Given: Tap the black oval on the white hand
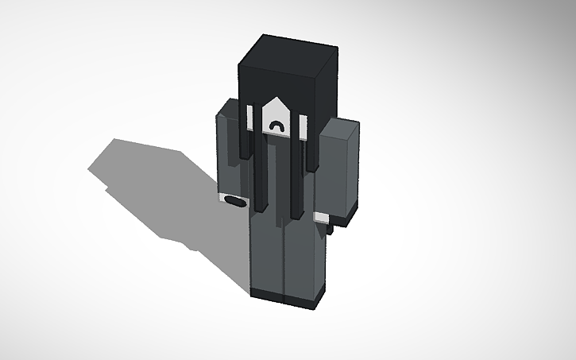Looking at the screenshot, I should [x=232, y=201].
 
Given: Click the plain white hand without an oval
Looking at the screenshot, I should [x=322, y=217].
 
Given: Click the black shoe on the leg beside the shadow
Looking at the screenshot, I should [x=266, y=294].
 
